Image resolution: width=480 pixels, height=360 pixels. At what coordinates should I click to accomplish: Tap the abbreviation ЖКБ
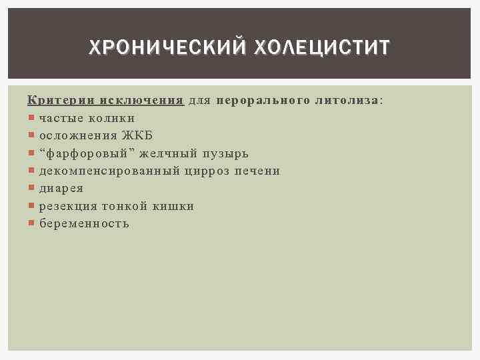point(137,136)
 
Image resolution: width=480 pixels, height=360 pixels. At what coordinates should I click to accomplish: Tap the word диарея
point(61,189)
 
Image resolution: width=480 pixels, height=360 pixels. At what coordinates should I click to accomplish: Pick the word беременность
point(84,224)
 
